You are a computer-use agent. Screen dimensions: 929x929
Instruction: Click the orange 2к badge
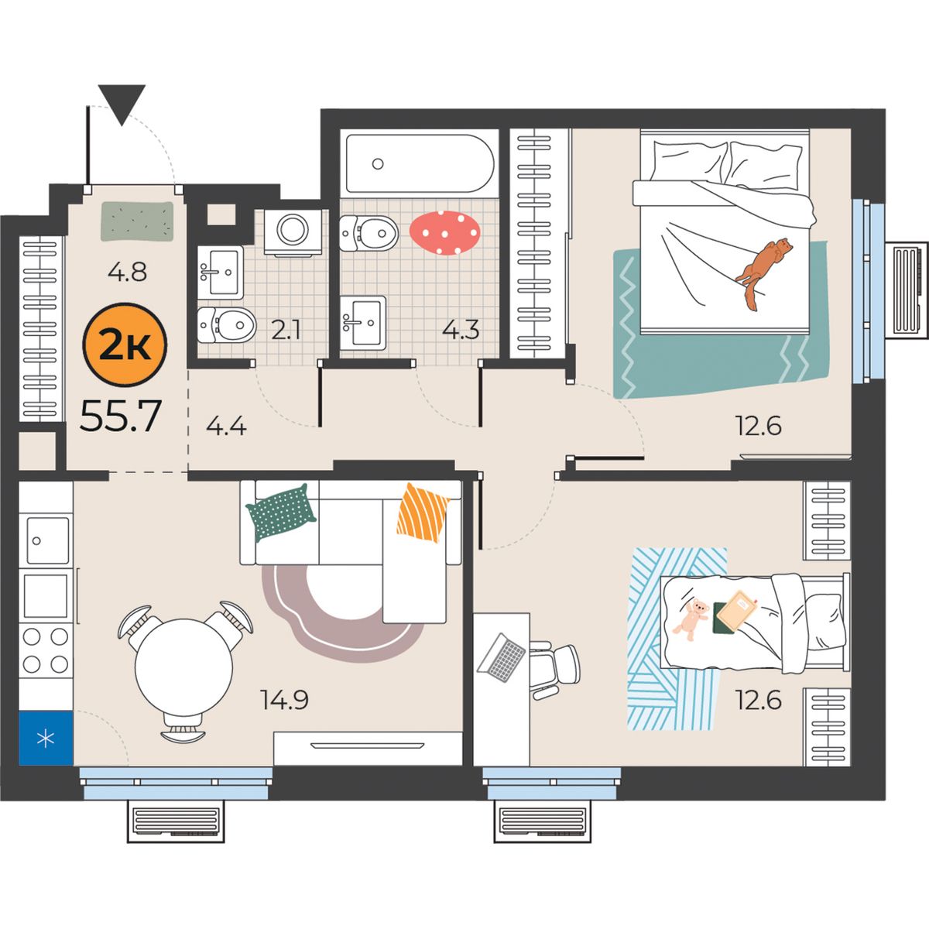click(125, 345)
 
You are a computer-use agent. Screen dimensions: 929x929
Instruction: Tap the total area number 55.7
click(121, 417)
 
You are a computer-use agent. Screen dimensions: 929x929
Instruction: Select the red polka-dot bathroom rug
click(445, 233)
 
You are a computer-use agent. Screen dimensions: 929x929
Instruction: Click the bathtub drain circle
click(378, 164)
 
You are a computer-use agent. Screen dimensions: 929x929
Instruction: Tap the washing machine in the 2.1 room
click(293, 232)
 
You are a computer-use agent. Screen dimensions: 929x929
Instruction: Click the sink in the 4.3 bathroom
click(362, 323)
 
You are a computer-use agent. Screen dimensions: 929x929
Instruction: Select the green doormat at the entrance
click(137, 221)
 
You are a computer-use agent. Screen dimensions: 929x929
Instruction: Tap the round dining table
click(183, 667)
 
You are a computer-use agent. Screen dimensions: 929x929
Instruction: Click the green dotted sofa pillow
click(281, 512)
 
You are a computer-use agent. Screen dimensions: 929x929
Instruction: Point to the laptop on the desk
click(502, 657)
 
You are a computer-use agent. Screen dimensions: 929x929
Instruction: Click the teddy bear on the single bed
click(691, 619)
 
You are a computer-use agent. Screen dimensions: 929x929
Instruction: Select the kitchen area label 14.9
click(284, 700)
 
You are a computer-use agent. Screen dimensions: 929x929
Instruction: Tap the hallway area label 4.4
click(226, 426)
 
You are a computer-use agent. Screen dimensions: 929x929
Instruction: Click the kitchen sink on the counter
click(48, 540)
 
